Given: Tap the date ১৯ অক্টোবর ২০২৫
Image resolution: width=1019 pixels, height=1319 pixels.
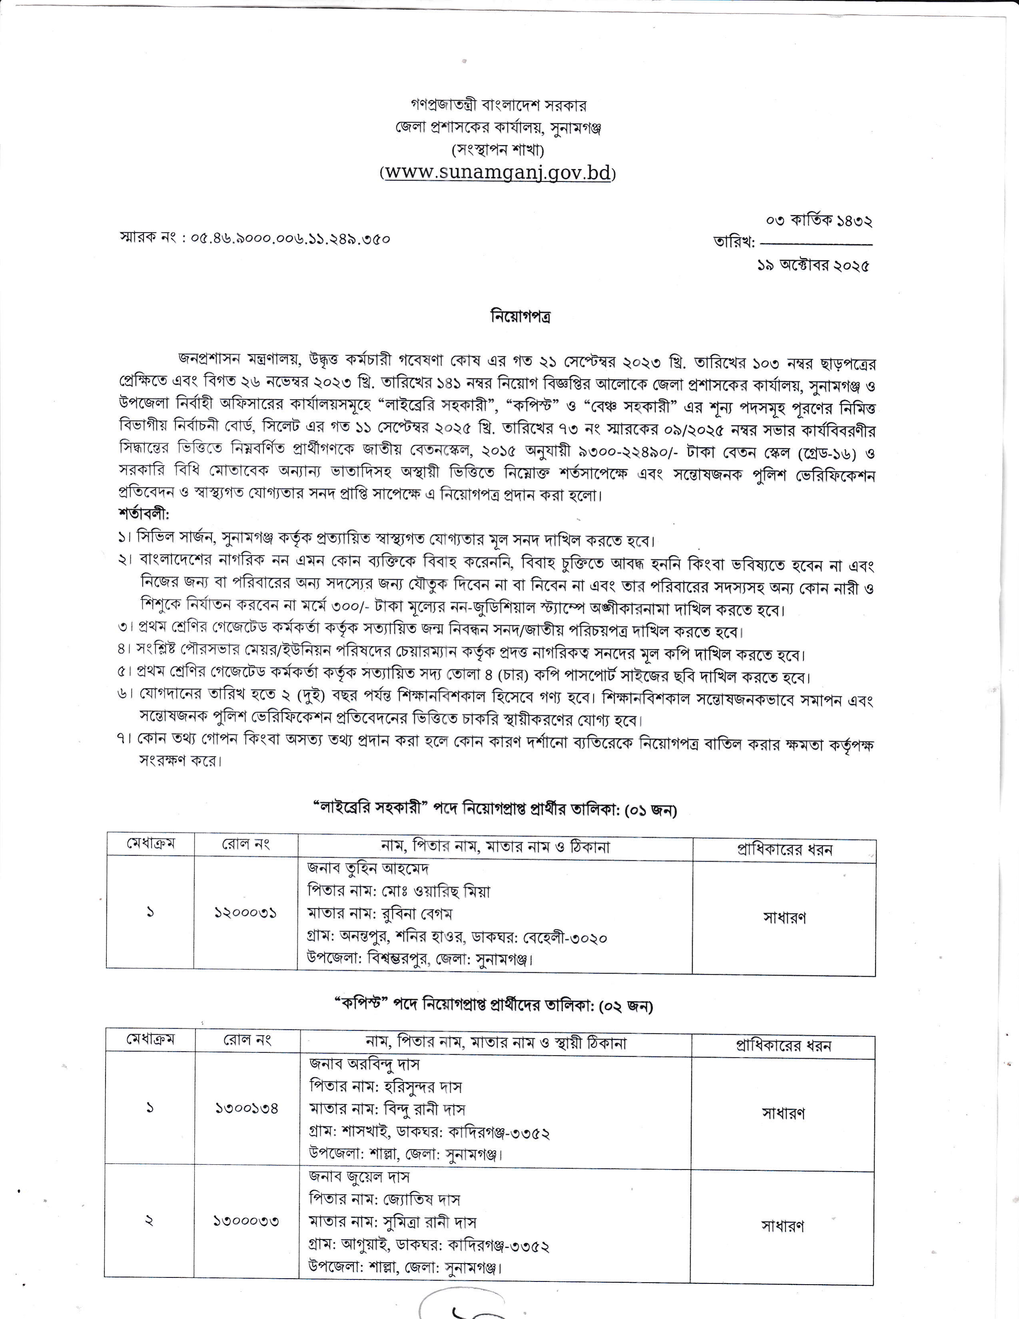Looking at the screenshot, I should (x=813, y=266).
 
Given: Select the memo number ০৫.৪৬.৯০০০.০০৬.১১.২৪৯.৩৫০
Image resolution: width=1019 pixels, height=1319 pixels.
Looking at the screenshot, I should (x=291, y=239).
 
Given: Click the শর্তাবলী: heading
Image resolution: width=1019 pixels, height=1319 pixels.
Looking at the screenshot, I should (x=144, y=515).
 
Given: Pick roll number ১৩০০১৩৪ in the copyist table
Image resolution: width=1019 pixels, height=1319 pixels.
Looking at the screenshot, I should (x=247, y=1108).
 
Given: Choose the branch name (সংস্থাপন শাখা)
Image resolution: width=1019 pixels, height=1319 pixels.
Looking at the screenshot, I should (x=498, y=150).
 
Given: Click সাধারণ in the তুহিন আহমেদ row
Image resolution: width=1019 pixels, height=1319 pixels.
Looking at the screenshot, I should (x=784, y=918).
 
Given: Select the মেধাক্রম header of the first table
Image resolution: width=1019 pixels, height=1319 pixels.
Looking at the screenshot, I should (x=150, y=844).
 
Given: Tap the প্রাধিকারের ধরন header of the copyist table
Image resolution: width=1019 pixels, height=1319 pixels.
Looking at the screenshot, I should (x=783, y=1045).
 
